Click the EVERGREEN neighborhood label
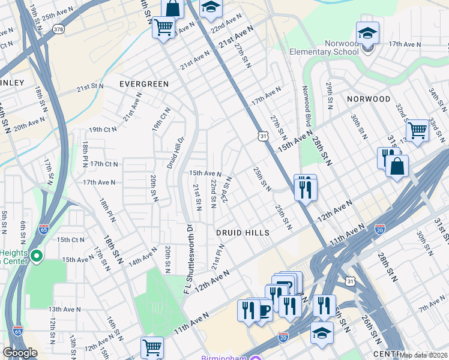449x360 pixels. click(144, 84)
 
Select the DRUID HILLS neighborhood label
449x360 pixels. click(243, 232)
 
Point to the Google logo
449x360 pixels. click(20, 353)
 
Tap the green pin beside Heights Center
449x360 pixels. click(36, 257)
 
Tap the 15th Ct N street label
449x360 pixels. click(70, 239)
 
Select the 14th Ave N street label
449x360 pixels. click(142, 259)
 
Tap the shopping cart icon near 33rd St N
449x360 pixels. click(417, 130)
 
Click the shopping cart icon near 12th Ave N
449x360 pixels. click(152, 347)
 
